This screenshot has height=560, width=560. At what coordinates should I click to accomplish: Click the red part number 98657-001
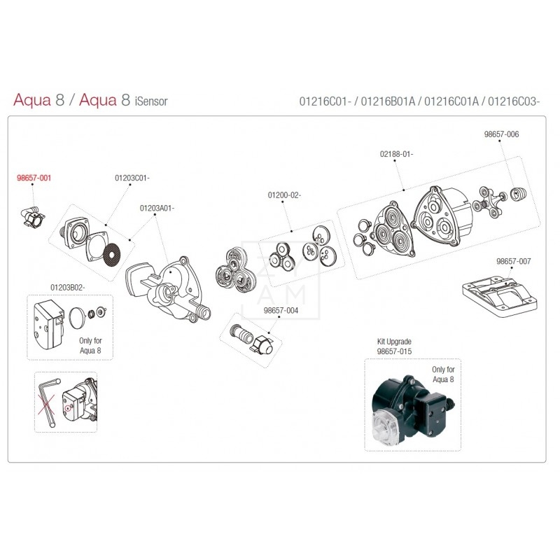pyautogui.click(x=34, y=178)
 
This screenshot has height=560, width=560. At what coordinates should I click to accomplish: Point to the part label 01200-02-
pyautogui.click(x=283, y=195)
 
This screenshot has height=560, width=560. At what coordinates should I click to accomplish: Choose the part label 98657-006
pyautogui.click(x=501, y=134)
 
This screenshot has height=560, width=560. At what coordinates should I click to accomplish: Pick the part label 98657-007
pyautogui.click(x=513, y=261)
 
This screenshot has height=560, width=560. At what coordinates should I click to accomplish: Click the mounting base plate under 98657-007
pyautogui.click(x=496, y=294)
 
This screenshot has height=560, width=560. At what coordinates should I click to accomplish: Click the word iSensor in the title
pyautogui.click(x=150, y=101)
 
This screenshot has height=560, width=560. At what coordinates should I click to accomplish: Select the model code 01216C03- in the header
pyautogui.click(x=515, y=101)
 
